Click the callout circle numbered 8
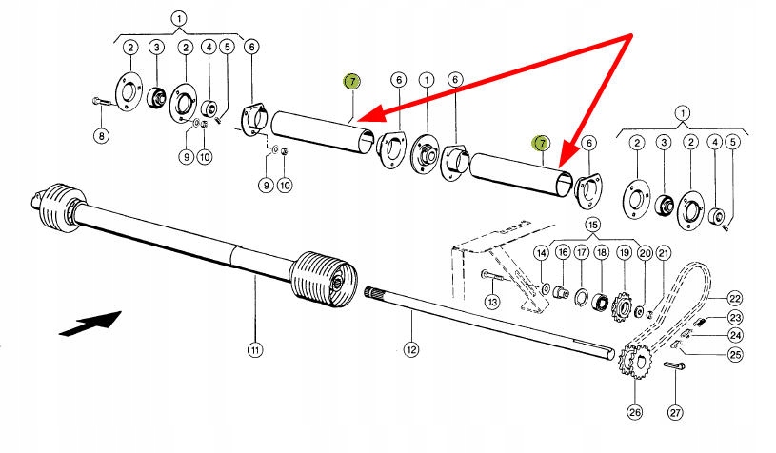tap(102, 135)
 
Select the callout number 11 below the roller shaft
tap(254, 350)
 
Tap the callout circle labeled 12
tap(411, 349)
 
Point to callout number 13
tap(492, 301)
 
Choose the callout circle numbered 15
tap(593, 225)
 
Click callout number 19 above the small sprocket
tap(625, 253)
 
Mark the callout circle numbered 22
tap(735, 298)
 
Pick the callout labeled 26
tap(634, 411)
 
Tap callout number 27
tap(675, 411)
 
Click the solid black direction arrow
tap(90, 324)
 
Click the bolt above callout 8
tap(104, 102)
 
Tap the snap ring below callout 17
tap(581, 298)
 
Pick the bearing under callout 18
tap(601, 303)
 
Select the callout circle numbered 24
tap(735, 335)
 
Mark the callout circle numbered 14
tap(542, 253)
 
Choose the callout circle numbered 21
tap(663, 253)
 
